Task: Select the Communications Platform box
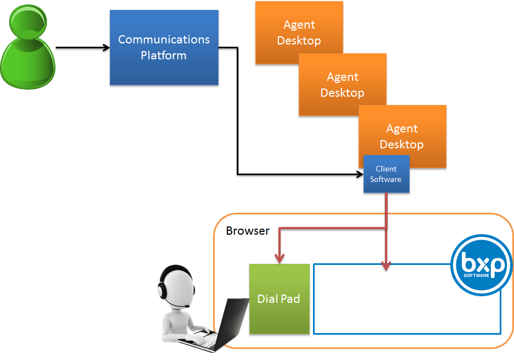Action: point(164,47)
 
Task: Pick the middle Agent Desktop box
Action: point(342,85)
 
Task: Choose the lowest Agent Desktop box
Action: point(402,136)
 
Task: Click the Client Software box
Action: point(386,174)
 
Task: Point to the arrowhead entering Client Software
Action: point(359,175)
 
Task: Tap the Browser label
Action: point(248,231)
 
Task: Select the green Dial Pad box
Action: point(279,299)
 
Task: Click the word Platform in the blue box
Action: point(164,56)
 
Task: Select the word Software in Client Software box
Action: point(386,179)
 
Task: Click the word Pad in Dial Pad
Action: point(290,299)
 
